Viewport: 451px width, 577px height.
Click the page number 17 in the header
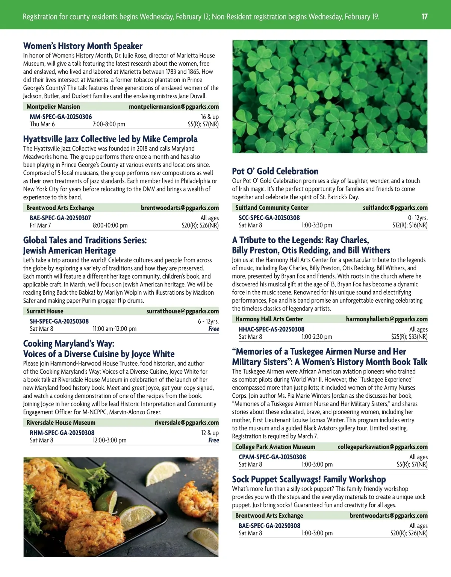pos(424,17)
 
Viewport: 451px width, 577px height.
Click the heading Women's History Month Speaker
pos(83,46)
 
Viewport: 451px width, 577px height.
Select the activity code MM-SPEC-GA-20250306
pos(61,117)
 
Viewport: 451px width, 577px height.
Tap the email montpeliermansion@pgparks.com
pos(174,107)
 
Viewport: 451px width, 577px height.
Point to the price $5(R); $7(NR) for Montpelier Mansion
pos(203,124)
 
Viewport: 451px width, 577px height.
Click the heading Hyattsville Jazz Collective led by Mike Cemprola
pos(110,139)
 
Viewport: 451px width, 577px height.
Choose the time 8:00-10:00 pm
pos(110,226)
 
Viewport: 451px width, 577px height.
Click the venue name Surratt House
pos(45,311)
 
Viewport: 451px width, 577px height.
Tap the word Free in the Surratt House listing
pos(213,329)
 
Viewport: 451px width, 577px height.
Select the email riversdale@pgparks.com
pos(186,423)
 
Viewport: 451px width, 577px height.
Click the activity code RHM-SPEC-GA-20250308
pos(62,433)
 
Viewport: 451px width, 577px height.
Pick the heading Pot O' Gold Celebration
pos(275,171)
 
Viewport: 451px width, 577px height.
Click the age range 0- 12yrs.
pos(418,218)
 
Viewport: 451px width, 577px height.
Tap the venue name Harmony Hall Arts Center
pos(269,319)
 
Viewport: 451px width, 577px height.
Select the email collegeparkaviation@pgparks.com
pos(383,447)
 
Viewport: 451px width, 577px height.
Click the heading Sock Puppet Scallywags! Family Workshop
pos(309,479)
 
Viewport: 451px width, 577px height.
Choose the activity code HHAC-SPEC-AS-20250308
pos(271,329)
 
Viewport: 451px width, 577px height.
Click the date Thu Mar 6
pos(42,124)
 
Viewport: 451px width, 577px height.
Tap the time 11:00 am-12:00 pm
pos(115,329)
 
